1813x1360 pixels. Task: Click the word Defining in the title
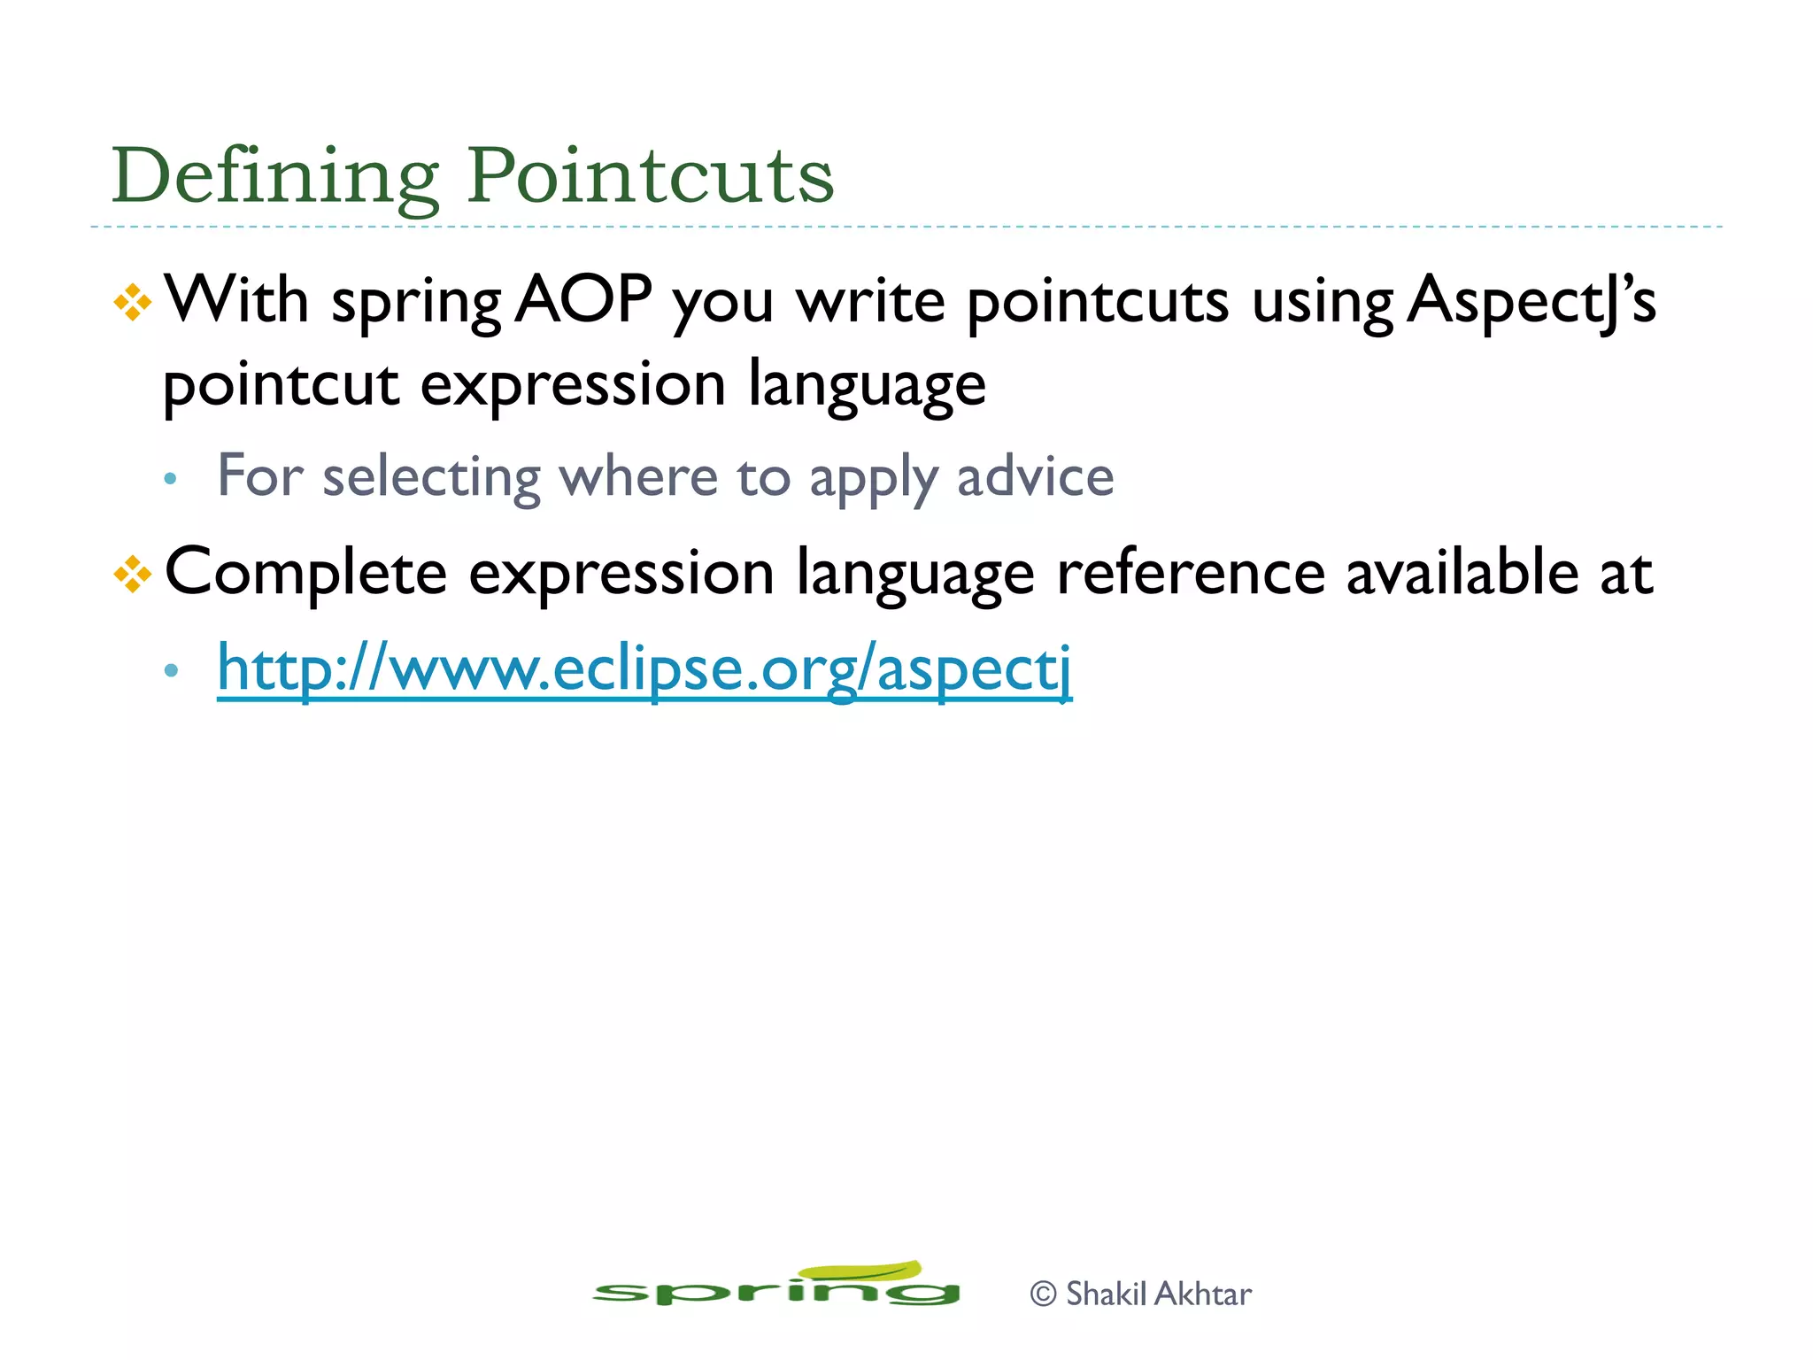[x=274, y=176]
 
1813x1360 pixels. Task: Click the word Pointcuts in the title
[x=650, y=176]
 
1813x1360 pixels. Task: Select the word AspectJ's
[x=1531, y=301]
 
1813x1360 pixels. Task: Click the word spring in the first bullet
[x=417, y=303]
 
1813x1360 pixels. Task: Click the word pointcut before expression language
[x=281, y=385]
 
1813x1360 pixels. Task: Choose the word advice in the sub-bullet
[x=1035, y=477]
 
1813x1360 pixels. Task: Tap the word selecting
[x=431, y=478]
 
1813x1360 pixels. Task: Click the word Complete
[x=305, y=573]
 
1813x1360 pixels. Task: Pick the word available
[x=1462, y=573]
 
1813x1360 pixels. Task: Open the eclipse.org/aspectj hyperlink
[x=644, y=669]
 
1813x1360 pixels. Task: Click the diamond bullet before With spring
[x=133, y=302]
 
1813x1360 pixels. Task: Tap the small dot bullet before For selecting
[x=171, y=480]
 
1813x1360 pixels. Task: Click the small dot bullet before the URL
[x=171, y=670]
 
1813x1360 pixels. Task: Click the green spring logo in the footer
[x=775, y=1287]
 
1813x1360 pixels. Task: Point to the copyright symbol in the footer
[x=1044, y=1294]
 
